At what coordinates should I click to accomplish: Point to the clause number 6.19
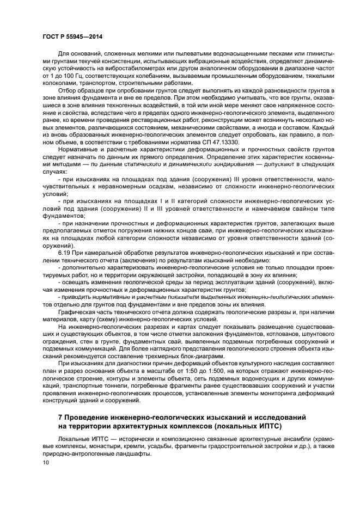(x=64, y=253)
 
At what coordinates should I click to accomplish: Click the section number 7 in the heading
(x=60, y=416)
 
